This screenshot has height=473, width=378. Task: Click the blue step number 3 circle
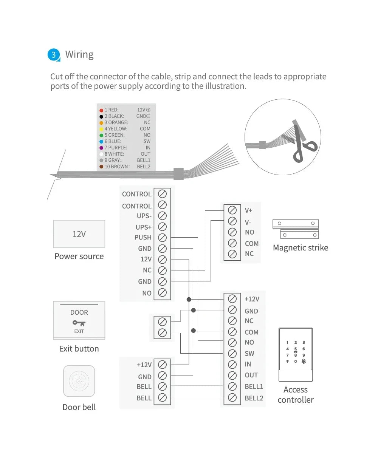click(54, 55)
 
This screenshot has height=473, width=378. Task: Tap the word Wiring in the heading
click(79, 54)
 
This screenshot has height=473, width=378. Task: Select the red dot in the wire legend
click(101, 110)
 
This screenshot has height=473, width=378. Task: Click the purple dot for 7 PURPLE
click(101, 148)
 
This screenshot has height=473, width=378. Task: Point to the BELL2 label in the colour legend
click(144, 167)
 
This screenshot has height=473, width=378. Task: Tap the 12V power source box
click(79, 234)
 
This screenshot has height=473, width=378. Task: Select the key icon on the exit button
click(79, 323)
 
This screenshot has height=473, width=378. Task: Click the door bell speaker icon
click(79, 381)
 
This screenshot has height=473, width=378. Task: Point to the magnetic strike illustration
click(296, 229)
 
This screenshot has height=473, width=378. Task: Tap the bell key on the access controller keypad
click(304, 362)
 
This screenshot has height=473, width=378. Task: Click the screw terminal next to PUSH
click(162, 238)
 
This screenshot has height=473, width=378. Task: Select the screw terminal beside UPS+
click(162, 227)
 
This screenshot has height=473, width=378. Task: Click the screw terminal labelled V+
click(232, 210)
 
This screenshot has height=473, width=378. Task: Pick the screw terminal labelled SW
click(232, 354)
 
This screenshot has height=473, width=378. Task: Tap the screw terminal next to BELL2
click(232, 398)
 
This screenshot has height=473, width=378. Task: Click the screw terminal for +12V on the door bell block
click(162, 365)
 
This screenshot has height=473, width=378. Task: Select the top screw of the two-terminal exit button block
click(162, 322)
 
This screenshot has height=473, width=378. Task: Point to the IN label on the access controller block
click(248, 364)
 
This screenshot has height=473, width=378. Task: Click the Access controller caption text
click(296, 395)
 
